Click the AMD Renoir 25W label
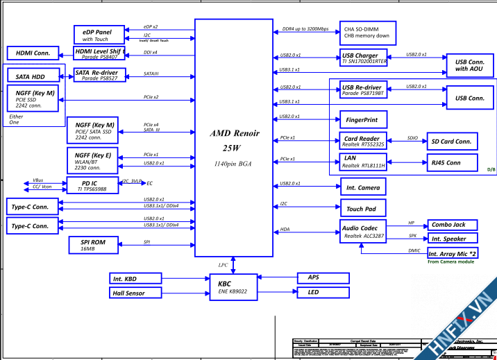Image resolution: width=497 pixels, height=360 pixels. coord(234,140)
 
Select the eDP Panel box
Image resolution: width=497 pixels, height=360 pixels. coord(99,34)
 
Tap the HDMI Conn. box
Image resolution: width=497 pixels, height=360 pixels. coord(33,53)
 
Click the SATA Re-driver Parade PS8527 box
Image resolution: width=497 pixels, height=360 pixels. coord(100,75)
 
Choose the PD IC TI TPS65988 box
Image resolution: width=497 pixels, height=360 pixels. coord(92,185)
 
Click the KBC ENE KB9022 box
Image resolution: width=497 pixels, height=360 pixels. coord(233,286)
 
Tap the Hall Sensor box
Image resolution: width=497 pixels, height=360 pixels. coord(135,293)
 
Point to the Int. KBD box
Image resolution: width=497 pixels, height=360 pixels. coord(135,279)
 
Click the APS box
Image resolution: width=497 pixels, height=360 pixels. coord(322,277)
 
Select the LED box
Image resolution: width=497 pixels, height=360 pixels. coord(322,293)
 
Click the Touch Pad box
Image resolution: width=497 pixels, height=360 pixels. coord(362,208)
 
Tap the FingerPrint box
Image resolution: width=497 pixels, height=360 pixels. coord(362,119)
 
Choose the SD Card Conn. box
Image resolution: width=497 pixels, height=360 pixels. coord(451,142)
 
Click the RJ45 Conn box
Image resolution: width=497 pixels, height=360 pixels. coord(451,163)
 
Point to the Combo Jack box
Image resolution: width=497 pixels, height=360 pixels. coord(452,225)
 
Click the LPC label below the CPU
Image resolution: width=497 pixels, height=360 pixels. coord(224,265)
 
